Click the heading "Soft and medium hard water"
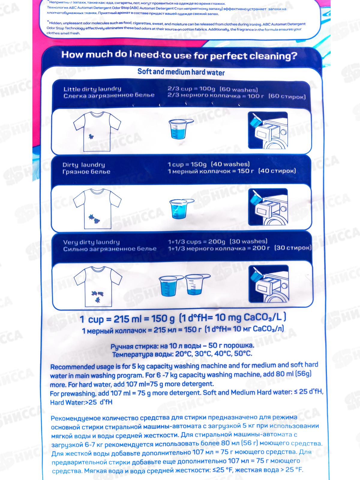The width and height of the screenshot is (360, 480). pyautogui.click(x=181, y=72)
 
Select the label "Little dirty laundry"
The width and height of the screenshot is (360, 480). pyautogui.click(x=92, y=89)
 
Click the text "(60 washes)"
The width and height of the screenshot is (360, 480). pyautogui.click(x=239, y=89)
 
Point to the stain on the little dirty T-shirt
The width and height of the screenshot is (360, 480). pyautogui.click(x=91, y=137)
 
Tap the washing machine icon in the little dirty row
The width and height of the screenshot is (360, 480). pyautogui.click(x=268, y=130)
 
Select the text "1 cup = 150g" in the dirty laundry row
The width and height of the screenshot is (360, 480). pyautogui.click(x=187, y=164)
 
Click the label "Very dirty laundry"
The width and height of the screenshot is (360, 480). pyautogui.click(x=91, y=242)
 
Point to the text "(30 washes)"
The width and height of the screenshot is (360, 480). pyautogui.click(x=248, y=241)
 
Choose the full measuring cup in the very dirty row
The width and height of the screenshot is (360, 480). pyautogui.click(x=171, y=286)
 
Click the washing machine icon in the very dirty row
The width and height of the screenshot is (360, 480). pyautogui.click(x=268, y=283)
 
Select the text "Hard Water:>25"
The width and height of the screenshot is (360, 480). pyautogui.click(x=74, y=402)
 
